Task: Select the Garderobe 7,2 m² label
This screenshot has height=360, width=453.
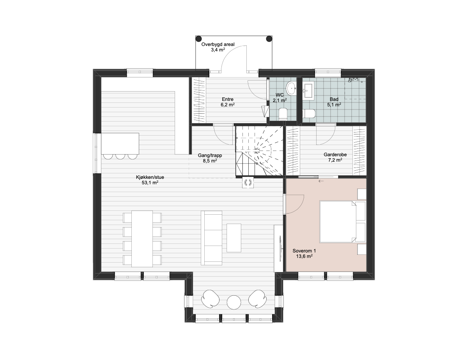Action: [x=335, y=157]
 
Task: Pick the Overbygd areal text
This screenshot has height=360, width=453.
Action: [x=218, y=44]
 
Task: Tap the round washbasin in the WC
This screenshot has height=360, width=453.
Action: [x=291, y=88]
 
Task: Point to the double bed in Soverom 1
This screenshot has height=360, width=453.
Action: [x=342, y=222]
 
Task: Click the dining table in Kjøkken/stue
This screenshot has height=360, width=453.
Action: [x=142, y=239]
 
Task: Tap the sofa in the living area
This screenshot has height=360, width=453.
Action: [x=212, y=238]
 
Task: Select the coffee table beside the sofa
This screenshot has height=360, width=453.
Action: [x=234, y=238]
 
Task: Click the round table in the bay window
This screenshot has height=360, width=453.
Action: [x=234, y=302]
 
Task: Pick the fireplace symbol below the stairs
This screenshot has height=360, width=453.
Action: [x=248, y=182]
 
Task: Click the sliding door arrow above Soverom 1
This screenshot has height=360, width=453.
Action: [x=321, y=181]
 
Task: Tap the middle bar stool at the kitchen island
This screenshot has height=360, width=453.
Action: [x=120, y=157]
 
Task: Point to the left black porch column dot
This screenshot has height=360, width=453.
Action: [x=198, y=39]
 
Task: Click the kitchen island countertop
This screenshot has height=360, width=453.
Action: [x=120, y=143]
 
